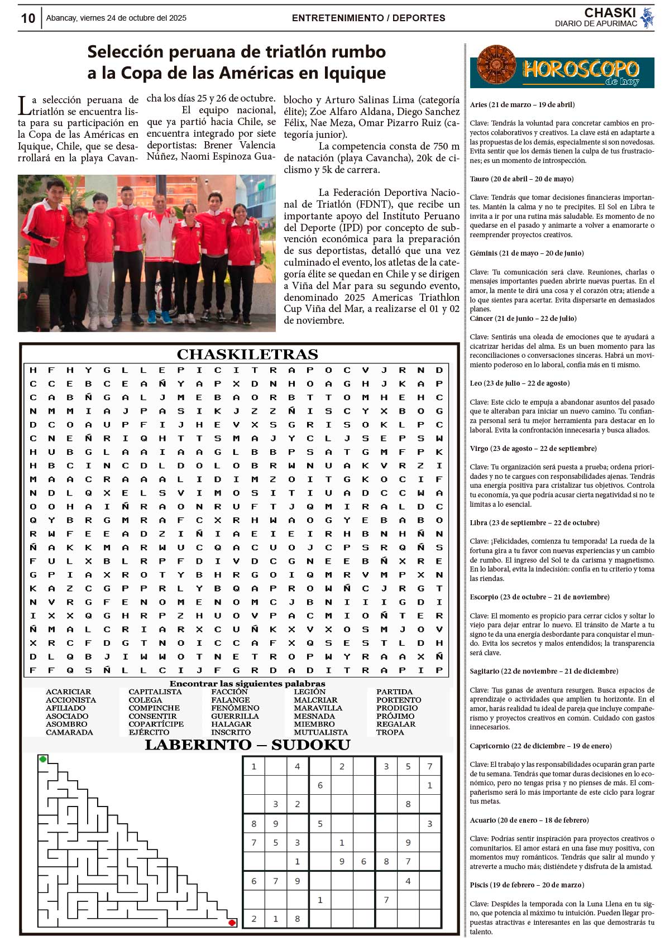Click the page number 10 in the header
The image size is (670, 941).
click(28, 18)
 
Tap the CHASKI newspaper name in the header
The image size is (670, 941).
click(610, 13)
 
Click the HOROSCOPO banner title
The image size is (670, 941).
click(581, 70)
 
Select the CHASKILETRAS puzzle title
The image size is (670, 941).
click(247, 354)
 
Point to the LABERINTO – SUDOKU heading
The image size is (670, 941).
click(247, 745)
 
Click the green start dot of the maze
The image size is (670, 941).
click(43, 759)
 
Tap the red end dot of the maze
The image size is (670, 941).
click(232, 923)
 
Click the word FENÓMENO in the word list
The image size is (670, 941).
click(235, 708)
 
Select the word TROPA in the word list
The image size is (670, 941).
click(390, 732)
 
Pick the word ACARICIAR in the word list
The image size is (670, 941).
click(68, 692)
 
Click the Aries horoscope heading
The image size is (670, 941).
click(522, 104)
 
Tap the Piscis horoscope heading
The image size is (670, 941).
click(527, 885)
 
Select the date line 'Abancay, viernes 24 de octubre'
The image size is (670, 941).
click(116, 18)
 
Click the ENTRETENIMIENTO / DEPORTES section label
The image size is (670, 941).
click(368, 18)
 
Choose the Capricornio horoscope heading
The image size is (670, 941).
click(540, 746)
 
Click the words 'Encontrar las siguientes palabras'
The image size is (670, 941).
click(247, 683)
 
